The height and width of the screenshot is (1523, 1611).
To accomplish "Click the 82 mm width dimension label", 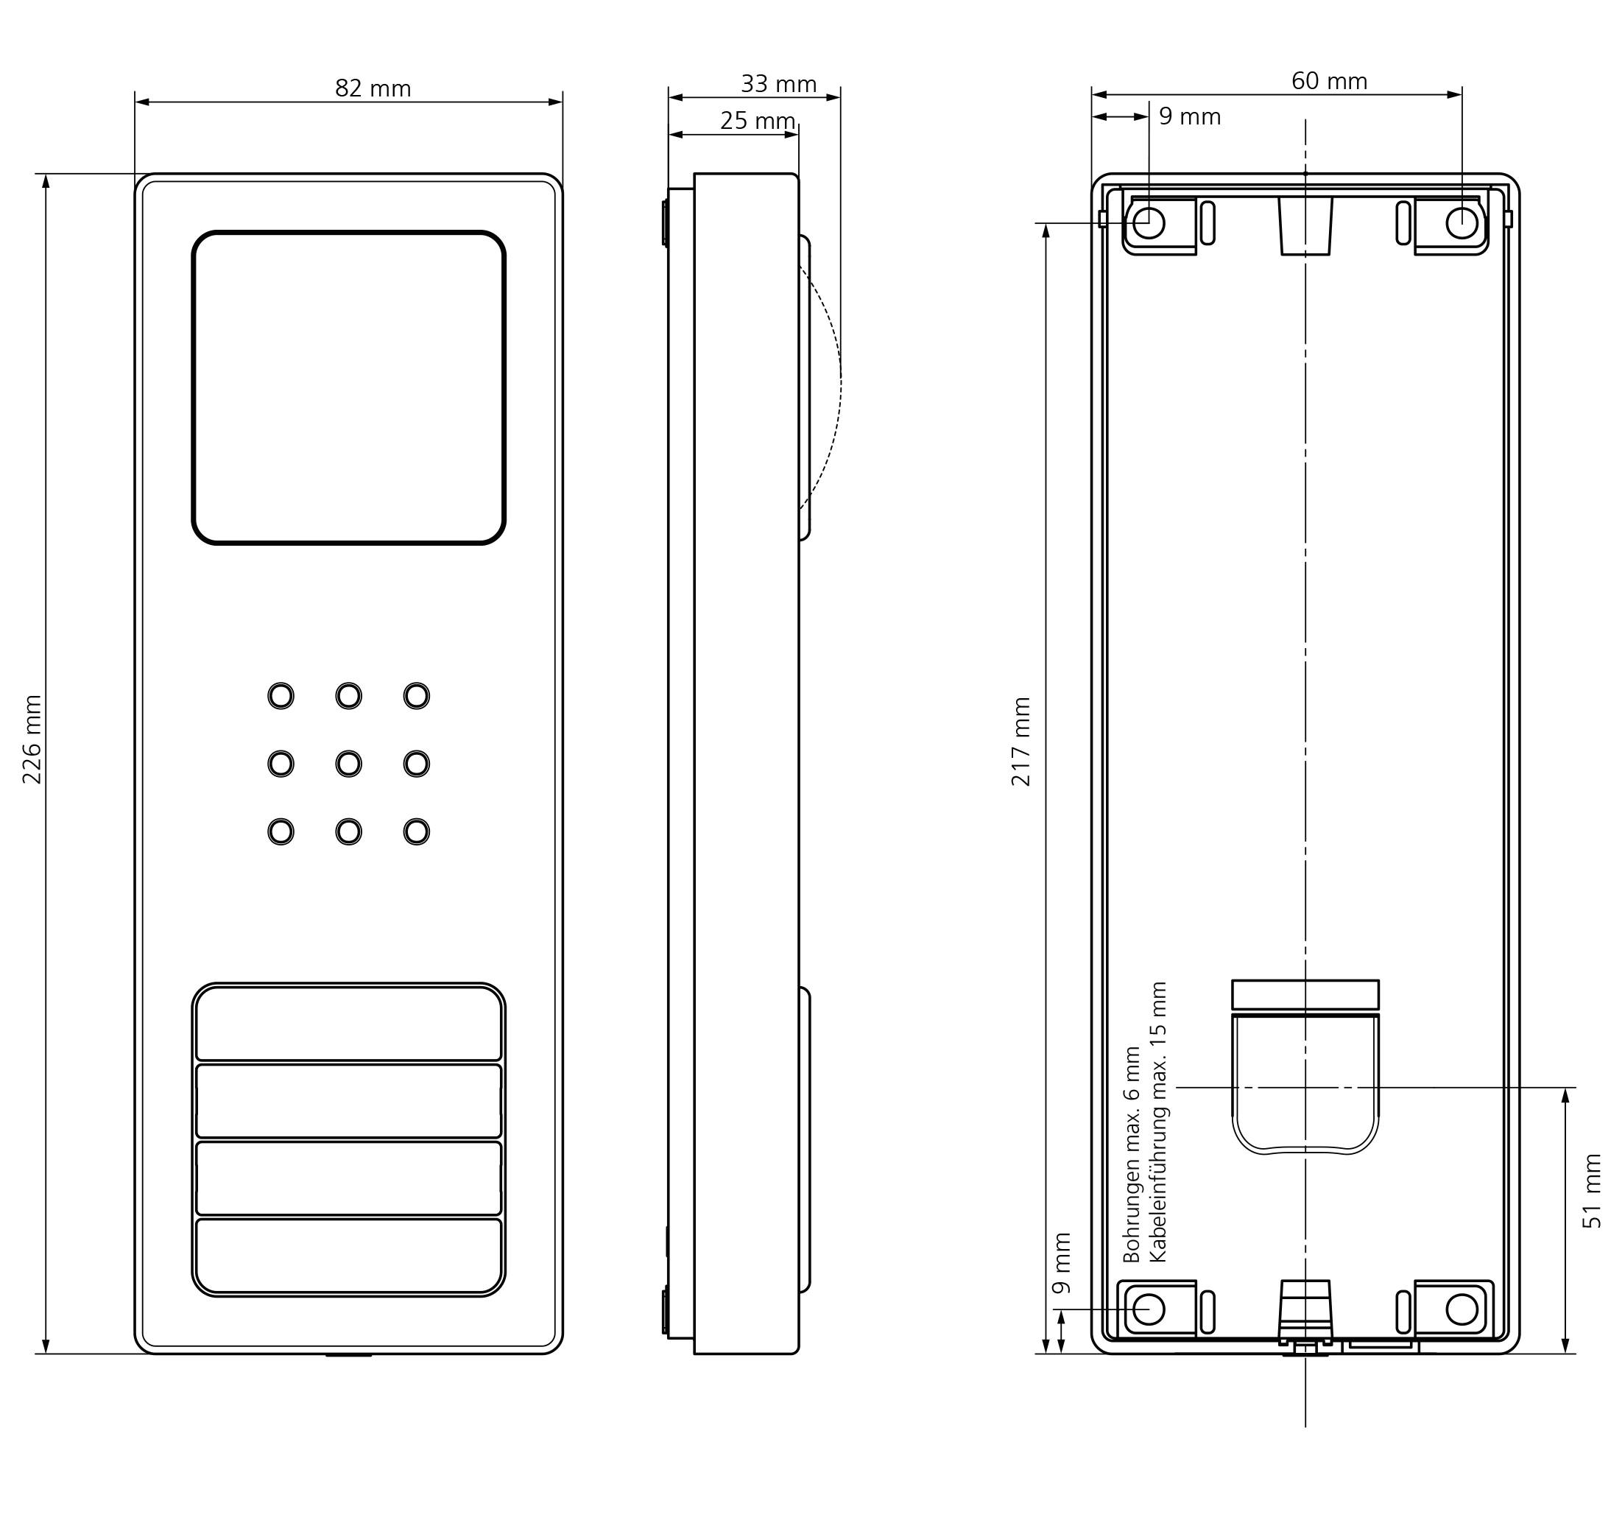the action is coord(373,88).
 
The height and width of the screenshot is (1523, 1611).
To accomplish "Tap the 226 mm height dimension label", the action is coord(32,739).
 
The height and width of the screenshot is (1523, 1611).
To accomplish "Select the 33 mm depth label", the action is coord(778,84).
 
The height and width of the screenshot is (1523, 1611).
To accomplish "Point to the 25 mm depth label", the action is coord(757,120).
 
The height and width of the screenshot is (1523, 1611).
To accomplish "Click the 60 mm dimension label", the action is coord(1330,81).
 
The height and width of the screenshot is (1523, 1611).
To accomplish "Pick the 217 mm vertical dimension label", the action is coord(1021,741).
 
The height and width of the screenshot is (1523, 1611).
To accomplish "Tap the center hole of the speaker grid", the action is coord(349,764).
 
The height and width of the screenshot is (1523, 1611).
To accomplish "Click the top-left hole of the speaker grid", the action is coord(281,696).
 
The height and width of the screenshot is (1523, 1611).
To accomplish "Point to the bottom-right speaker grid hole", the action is coord(416,832).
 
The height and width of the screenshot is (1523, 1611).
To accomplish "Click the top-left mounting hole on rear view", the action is coord(1149,222).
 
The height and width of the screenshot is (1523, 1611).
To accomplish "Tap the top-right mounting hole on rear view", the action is coord(1462,222).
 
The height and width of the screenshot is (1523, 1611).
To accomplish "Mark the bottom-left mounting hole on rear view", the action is coord(1149,1309).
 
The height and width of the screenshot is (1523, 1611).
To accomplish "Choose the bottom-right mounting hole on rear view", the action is coord(1462,1309).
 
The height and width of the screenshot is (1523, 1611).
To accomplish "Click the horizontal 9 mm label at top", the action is coord(1190,117).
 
